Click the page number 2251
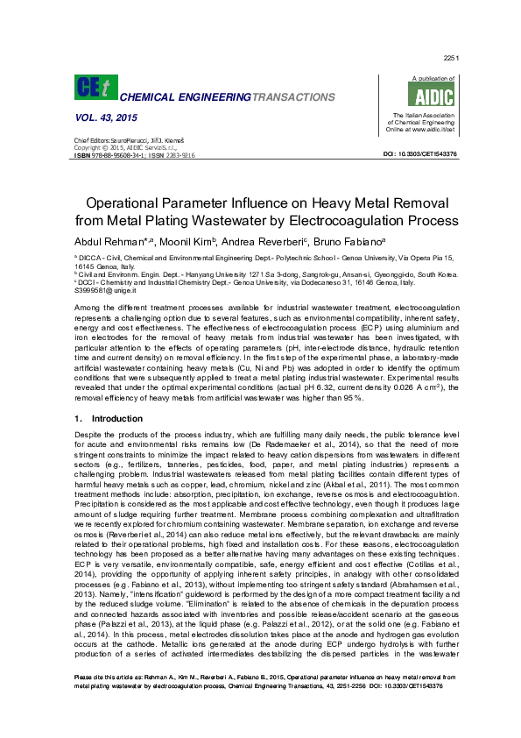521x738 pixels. pos(452,57)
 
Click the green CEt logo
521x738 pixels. pos(92,88)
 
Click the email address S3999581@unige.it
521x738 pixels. pos(102,289)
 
